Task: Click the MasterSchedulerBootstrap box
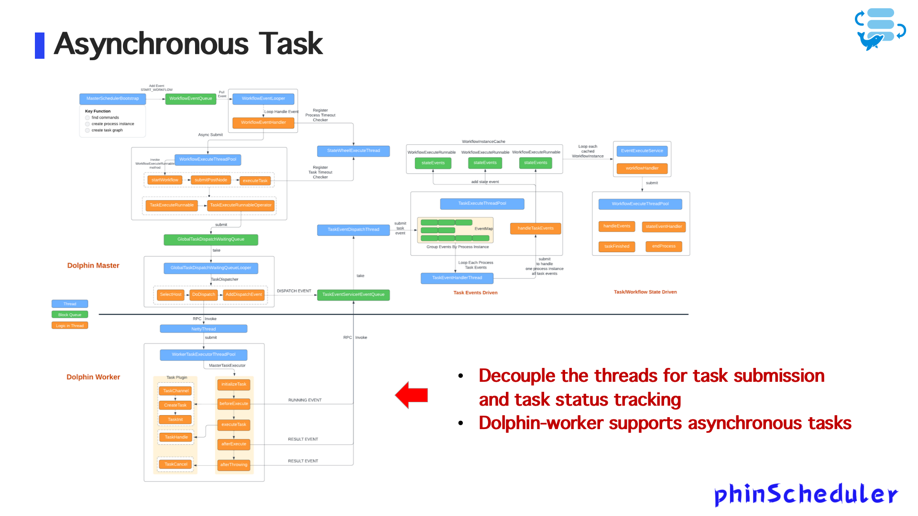click(x=112, y=98)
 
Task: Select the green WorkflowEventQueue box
click(x=190, y=98)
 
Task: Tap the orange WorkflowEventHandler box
click(x=263, y=122)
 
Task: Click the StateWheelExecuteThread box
click(x=353, y=150)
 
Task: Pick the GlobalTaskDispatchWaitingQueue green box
click(x=211, y=239)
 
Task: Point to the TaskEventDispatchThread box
click(x=353, y=230)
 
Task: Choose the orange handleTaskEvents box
click(x=535, y=228)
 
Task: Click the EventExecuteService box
click(x=642, y=151)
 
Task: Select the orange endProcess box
click(x=664, y=247)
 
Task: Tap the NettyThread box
click(x=203, y=329)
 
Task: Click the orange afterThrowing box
click(x=234, y=465)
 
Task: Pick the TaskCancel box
click(x=176, y=464)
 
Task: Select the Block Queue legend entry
click(x=70, y=315)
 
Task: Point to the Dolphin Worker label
click(x=93, y=377)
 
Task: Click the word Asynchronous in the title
click(x=151, y=44)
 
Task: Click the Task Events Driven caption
click(x=475, y=292)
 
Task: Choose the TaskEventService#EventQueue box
click(x=353, y=295)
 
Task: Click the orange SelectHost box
click(x=171, y=295)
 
